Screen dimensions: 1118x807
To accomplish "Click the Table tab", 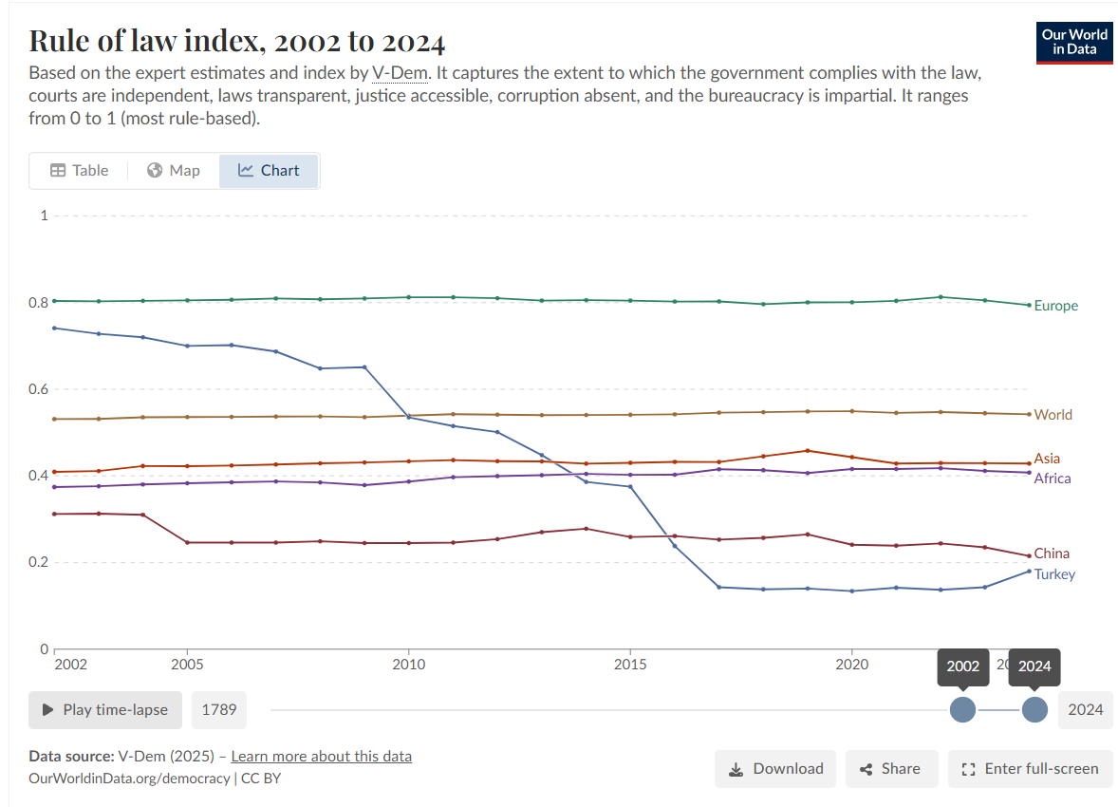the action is (79, 171).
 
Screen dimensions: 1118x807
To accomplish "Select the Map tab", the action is (174, 171).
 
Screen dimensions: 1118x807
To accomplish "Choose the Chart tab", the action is (268, 171).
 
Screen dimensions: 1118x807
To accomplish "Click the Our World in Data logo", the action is (1073, 43).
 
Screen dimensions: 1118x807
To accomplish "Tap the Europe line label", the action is (1056, 306).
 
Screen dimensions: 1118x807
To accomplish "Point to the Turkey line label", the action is (1054, 574).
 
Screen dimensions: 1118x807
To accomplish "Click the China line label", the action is (1052, 554).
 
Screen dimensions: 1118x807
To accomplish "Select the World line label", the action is (1053, 415).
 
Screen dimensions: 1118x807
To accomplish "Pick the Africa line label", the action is (1053, 479).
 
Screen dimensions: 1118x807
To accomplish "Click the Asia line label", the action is (1047, 458).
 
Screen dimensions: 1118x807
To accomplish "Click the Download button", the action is (775, 768).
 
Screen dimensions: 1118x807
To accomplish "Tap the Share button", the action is (891, 768).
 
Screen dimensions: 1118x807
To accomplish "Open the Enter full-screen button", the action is (1030, 768).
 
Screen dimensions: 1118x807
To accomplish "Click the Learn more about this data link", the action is (322, 757).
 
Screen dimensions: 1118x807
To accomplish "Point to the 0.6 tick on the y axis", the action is (39, 389).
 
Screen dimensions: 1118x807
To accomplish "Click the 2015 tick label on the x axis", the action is (630, 665).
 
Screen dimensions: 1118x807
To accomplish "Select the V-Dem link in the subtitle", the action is (400, 73).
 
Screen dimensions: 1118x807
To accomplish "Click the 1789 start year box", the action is (219, 710).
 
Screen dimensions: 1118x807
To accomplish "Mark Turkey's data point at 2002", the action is (55, 328).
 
